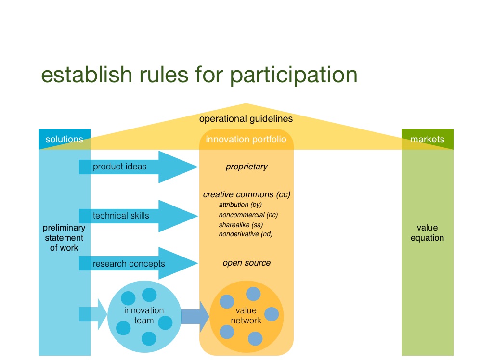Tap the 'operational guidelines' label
(246, 118)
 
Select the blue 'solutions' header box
(64, 140)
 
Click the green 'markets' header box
(427, 140)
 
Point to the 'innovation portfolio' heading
(246, 140)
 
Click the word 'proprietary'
(246, 167)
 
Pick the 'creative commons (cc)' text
(246, 195)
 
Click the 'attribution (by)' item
(240, 205)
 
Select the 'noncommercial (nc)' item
(248, 215)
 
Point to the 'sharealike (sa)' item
(241, 224)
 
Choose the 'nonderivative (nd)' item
(246, 234)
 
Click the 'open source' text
(246, 263)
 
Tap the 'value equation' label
(427, 233)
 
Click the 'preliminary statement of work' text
(64, 238)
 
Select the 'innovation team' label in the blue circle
(144, 315)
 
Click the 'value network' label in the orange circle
(246, 315)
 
